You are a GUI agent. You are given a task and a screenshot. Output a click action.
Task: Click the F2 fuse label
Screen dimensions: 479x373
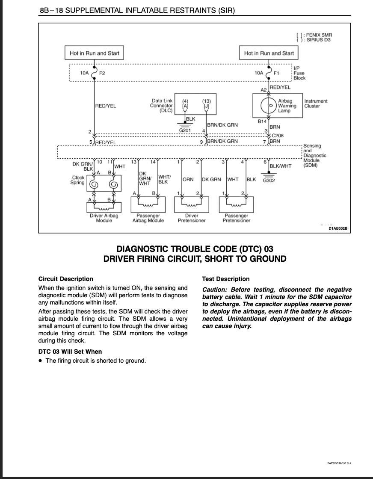coord(102,73)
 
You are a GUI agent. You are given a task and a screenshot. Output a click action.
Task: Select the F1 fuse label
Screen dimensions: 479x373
coord(276,73)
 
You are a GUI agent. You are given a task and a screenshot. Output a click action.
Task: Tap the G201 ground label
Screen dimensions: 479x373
coord(185,130)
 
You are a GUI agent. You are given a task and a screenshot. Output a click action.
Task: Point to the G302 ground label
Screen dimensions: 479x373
coord(269,180)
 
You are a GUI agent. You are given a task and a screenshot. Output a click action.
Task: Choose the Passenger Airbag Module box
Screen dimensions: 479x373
coord(148,204)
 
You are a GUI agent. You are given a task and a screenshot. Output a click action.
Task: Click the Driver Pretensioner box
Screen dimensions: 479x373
coord(192,204)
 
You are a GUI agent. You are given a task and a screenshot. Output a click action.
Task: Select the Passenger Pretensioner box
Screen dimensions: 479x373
coord(236,204)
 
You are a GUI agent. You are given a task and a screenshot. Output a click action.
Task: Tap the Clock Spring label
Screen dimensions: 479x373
coord(78,180)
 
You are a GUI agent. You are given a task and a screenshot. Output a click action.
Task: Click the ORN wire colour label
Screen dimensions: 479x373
coord(188,180)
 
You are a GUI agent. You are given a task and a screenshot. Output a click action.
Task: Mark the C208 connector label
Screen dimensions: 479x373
coord(278,136)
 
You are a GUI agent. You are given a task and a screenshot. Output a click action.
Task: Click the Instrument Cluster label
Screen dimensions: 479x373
coord(316,103)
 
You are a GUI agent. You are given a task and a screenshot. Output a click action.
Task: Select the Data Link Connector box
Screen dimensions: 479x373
coord(195,104)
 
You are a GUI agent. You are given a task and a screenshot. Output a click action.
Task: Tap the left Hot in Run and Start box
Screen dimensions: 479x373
coord(95,53)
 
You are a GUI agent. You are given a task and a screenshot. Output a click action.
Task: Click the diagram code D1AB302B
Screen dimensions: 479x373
coord(338,229)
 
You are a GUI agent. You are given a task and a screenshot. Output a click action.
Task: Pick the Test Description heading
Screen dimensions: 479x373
coord(225,279)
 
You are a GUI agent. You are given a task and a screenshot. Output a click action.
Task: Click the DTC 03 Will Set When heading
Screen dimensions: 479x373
coord(70,352)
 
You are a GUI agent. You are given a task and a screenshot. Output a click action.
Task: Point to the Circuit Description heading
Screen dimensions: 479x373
coord(65,279)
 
